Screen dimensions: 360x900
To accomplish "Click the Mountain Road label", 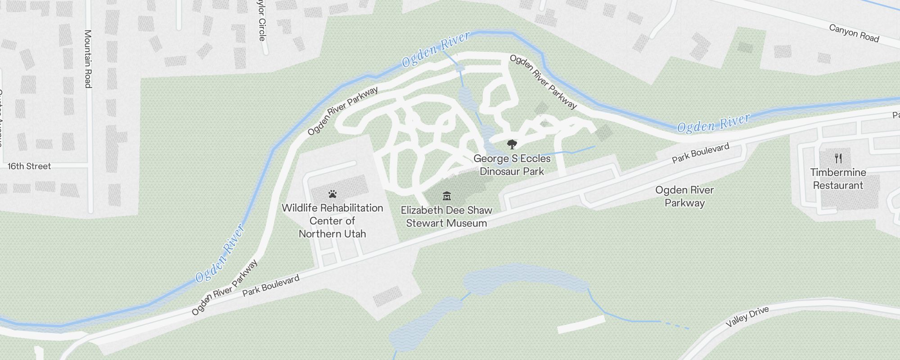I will pos(88,58).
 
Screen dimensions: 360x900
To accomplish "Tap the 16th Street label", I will pos(29,166).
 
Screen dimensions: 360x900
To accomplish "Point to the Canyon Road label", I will pos(854,33).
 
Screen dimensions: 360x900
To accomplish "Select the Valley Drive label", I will pos(747,317).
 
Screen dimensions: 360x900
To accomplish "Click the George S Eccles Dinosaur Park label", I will pos(512,165).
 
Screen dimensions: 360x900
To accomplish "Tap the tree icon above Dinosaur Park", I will pos(512,144).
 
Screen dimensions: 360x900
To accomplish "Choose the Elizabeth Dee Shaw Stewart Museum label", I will pos(446,216).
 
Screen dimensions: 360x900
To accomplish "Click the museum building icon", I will pos(446,196).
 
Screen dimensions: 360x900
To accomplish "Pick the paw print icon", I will pos(333,194).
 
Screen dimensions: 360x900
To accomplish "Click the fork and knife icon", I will pos(838,158).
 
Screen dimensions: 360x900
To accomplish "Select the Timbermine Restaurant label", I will pos(838,179).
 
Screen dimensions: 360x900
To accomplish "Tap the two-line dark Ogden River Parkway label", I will pos(684,196).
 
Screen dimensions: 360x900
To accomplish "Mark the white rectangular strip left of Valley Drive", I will pos(581,324).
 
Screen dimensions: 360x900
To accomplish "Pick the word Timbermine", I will pos(838,172).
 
